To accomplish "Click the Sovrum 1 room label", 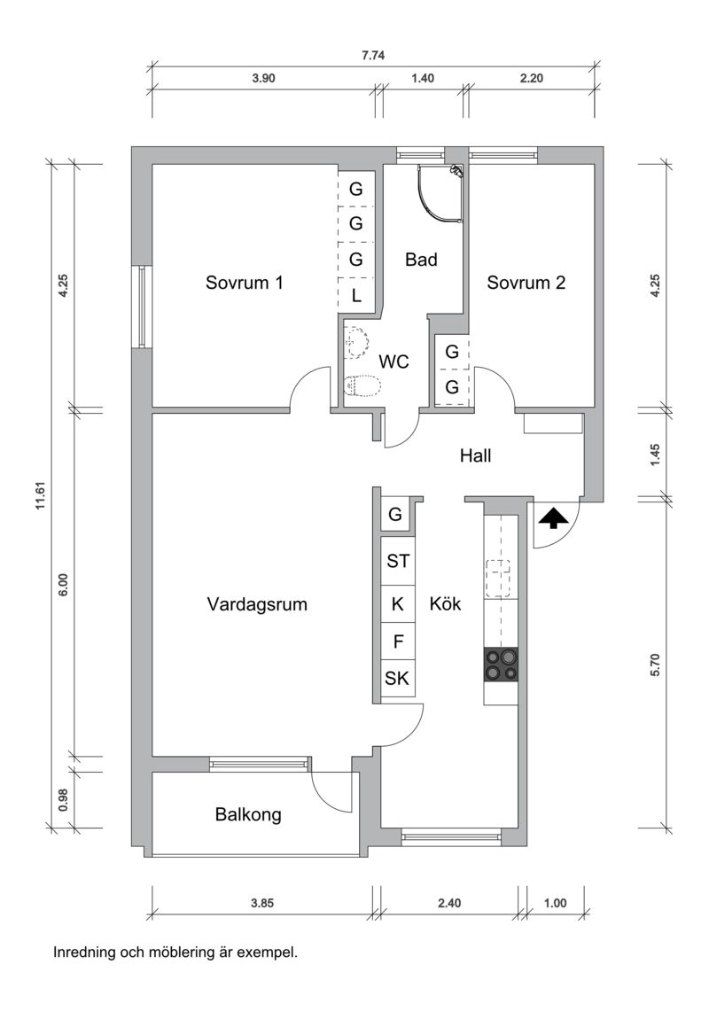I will [245, 284].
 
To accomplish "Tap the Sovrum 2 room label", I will [526, 284].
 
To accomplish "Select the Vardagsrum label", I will [257, 605].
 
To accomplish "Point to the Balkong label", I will [248, 814].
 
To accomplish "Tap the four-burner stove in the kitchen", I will [501, 664].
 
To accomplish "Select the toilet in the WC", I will [362, 386].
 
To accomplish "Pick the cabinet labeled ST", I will [398, 560].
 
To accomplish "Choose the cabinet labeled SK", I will [397, 680].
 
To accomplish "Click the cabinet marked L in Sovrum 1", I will [356, 296].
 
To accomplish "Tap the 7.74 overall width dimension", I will [373, 55].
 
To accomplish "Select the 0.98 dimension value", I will [63, 800].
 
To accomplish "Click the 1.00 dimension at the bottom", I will [555, 904].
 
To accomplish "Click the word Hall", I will [475, 456].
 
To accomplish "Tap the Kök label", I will [446, 604].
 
